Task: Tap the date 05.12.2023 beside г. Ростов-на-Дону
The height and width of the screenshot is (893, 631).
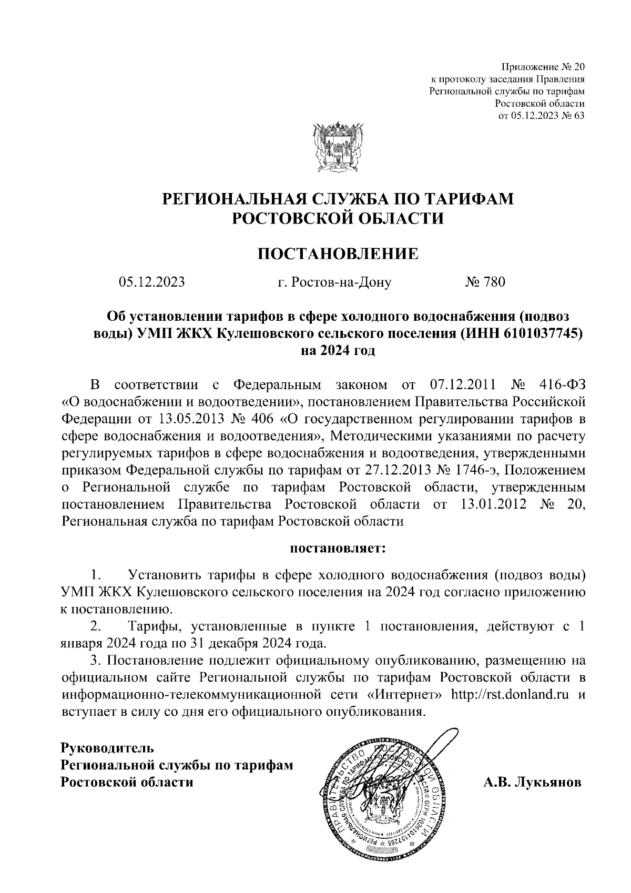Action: tap(152, 282)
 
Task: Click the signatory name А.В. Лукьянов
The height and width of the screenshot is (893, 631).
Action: tap(532, 783)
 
